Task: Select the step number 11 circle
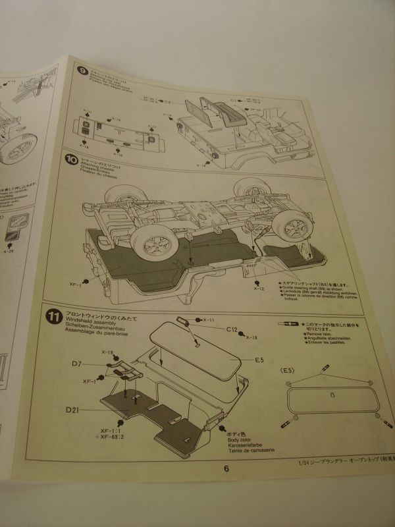[55, 316]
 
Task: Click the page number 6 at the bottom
[226, 469]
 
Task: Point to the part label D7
[76, 364]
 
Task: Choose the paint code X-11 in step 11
[209, 319]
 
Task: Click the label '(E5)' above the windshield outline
[288, 372]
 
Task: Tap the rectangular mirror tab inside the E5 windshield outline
[332, 395]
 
